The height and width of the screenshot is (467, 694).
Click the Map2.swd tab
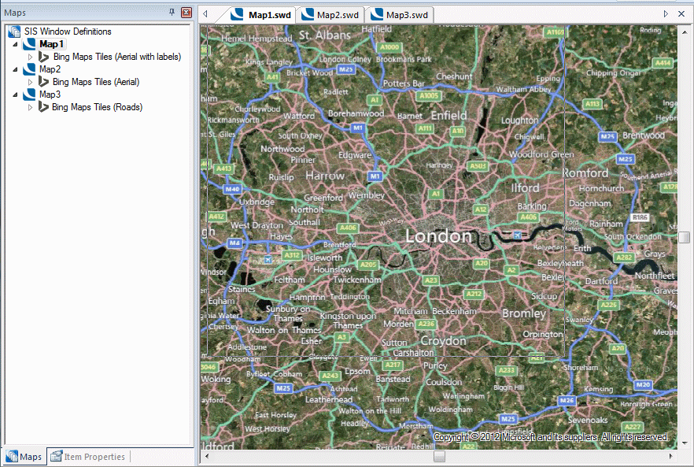pos(331,14)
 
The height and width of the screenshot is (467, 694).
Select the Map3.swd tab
pos(401,14)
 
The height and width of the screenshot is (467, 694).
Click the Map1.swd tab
pos(263,14)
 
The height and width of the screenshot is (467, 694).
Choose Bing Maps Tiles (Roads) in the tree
pos(97,107)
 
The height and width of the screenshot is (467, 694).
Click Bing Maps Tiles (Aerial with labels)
pos(116,57)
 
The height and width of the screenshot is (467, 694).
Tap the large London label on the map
pos(438,236)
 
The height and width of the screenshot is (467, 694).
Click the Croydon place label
pos(443,341)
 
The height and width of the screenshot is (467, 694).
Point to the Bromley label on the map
pos(523,313)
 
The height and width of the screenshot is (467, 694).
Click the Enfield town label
pos(449,116)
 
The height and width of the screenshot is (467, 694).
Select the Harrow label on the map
pos(325,176)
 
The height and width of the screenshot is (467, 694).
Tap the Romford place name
pos(585,172)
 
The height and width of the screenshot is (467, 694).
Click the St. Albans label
pos(325,35)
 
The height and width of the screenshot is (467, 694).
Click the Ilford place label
pos(525,188)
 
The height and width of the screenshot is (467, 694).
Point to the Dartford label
pos(601,280)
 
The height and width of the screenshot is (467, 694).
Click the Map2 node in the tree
pos(50,69)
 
